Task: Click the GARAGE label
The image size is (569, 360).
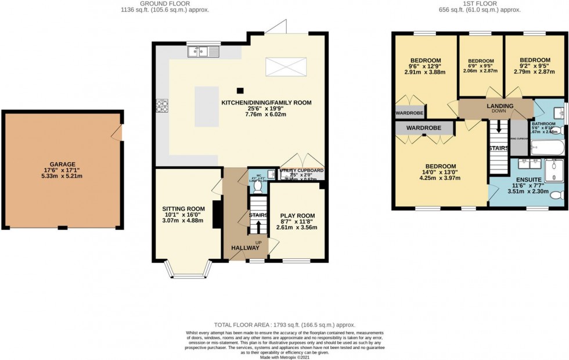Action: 62,164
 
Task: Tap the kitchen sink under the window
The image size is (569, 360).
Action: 204,52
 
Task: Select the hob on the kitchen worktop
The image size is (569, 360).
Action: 161,106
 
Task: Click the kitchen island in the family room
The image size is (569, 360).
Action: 207,106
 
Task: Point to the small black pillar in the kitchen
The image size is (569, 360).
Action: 240,90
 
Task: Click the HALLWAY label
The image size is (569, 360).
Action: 246,248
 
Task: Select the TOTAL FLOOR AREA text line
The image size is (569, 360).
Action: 284,325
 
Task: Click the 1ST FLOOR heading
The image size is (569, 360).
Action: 478,3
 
